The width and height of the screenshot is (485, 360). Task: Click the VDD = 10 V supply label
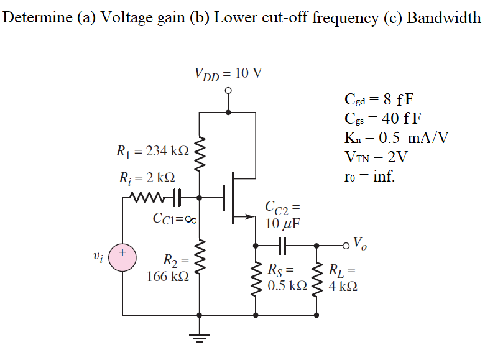click(x=228, y=73)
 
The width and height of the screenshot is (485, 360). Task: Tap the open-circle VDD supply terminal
click(x=229, y=91)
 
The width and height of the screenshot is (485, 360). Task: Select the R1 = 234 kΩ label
click(x=152, y=150)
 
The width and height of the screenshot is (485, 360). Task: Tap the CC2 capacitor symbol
click(x=284, y=245)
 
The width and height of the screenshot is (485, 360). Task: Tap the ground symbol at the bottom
click(x=199, y=339)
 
